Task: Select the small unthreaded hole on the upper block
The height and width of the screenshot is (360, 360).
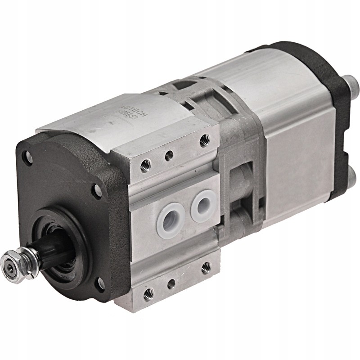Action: (168, 157)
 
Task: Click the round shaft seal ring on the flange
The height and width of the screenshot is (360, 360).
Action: (67, 243)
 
